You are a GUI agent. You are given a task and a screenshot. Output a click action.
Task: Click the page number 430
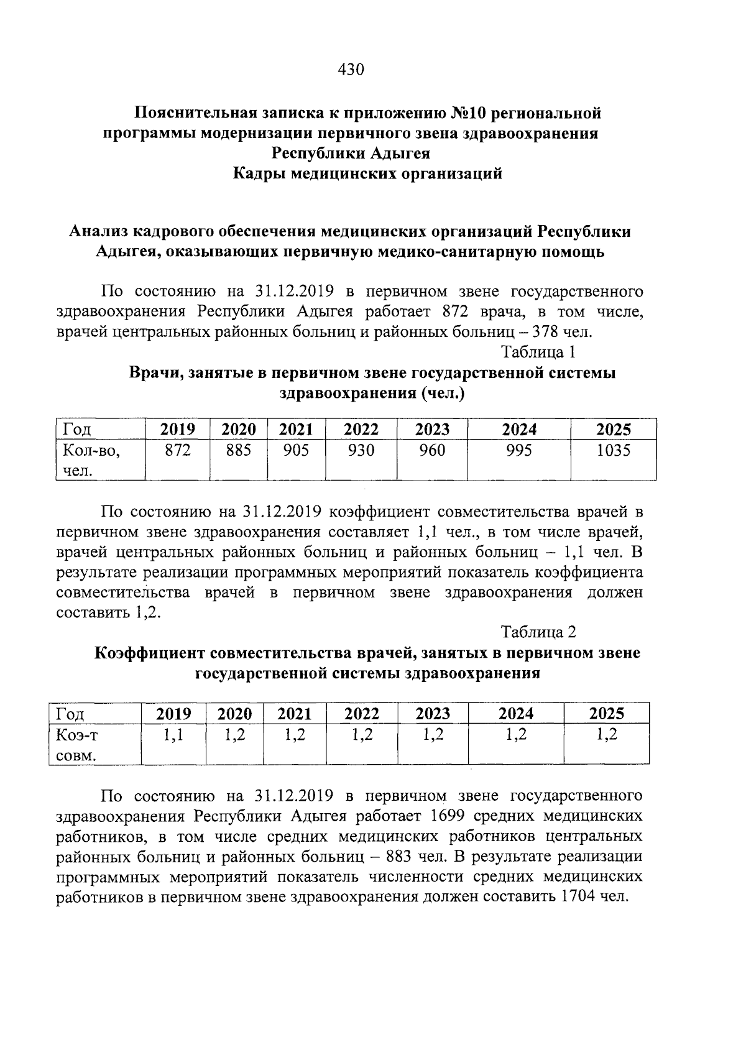click(350, 69)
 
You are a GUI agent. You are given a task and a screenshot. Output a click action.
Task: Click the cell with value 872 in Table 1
click(177, 450)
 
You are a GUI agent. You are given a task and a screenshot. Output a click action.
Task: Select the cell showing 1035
click(614, 450)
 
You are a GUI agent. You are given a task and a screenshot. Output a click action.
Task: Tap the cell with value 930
click(361, 450)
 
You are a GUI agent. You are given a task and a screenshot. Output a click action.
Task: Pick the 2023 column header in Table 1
click(432, 430)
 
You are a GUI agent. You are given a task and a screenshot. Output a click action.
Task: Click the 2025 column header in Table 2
click(606, 713)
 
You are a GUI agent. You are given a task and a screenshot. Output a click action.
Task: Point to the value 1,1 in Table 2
click(173, 735)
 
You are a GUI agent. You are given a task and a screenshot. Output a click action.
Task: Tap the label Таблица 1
click(538, 352)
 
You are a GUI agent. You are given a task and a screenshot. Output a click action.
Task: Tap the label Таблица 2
click(538, 632)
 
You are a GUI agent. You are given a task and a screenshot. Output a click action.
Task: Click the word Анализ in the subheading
click(100, 231)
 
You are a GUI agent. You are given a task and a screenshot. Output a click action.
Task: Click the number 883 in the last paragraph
click(398, 856)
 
